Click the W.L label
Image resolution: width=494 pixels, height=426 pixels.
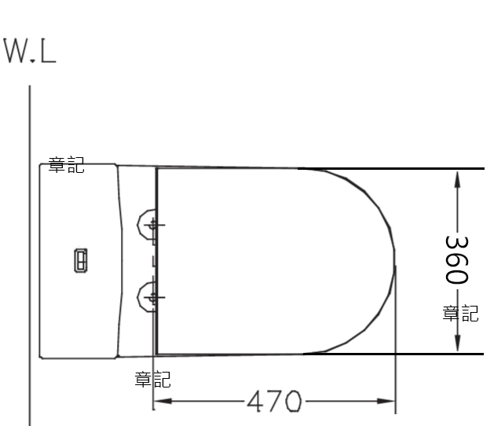30,50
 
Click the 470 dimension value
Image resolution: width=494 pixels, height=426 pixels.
274,401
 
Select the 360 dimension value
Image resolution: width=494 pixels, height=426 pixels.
456,259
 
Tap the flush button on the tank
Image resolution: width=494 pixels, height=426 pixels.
81,260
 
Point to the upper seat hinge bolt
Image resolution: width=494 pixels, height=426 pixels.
153,225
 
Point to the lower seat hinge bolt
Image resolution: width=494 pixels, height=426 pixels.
153,297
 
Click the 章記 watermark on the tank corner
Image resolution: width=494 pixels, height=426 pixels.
66,164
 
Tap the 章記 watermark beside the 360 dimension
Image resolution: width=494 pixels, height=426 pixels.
460,314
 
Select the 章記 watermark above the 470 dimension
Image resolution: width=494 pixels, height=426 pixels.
153,380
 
